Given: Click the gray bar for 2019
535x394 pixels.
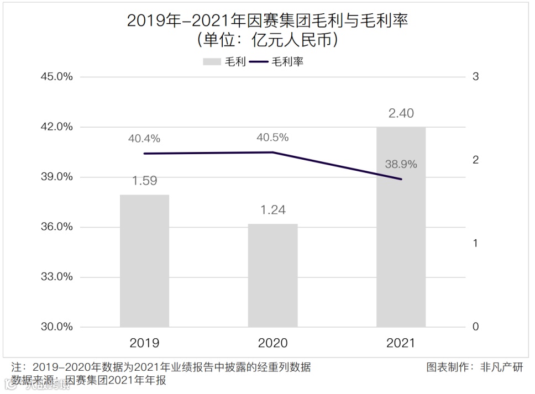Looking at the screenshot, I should [144, 261].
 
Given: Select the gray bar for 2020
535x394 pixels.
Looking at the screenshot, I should [272, 275].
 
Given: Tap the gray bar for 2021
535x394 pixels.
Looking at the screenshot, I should [401, 227].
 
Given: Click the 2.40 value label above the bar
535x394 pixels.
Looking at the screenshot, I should [401, 114].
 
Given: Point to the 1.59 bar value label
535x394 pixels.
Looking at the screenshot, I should [144, 181].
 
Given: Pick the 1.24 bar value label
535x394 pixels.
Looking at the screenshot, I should [272, 210].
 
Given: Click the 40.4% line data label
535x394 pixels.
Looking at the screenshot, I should [144, 139].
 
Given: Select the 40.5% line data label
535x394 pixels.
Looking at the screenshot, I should [272, 138].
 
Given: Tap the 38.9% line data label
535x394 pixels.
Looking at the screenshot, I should [401, 164].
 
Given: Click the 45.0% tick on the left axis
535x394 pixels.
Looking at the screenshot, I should [57, 77].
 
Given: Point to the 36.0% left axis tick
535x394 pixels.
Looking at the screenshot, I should [57, 227].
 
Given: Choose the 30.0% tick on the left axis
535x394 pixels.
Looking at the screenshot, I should [57, 327].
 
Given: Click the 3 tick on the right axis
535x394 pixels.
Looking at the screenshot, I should [475, 77].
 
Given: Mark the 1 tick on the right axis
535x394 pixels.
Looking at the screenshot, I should [475, 244].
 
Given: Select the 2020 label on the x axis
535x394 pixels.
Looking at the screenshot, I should [272, 343].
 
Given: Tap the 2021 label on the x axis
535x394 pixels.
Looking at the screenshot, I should [401, 343].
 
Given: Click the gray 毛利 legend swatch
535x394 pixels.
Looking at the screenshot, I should [212, 62].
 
